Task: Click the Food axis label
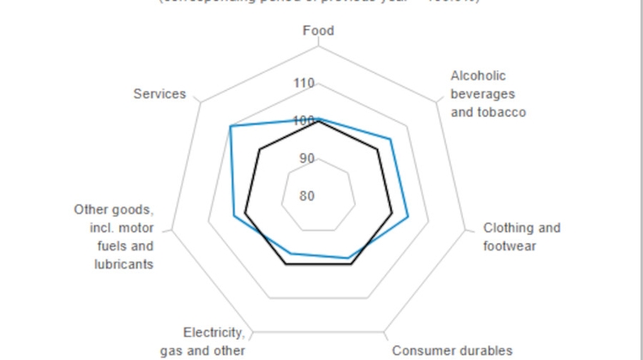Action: click(x=318, y=31)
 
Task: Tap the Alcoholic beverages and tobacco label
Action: click(x=488, y=94)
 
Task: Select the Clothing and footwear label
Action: click(x=521, y=237)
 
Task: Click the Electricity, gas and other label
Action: click(x=214, y=341)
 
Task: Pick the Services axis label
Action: click(x=159, y=93)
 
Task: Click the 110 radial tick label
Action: click(x=303, y=84)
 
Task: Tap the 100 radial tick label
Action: click(x=303, y=121)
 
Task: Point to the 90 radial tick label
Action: click(x=306, y=159)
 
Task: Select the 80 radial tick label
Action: click(x=306, y=195)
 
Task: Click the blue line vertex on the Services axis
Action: click(x=231, y=126)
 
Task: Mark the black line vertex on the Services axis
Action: click(x=259, y=150)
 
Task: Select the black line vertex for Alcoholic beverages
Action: click(x=379, y=150)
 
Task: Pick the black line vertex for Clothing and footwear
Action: click(x=392, y=213)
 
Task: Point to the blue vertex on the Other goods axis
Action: click(x=234, y=215)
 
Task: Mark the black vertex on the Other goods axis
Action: click(x=245, y=213)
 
